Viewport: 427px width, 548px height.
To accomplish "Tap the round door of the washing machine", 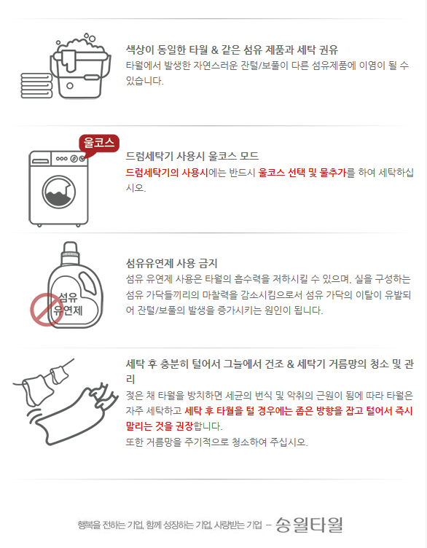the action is coord(59,192).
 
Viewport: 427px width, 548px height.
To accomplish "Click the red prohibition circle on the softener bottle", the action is coord(44,310).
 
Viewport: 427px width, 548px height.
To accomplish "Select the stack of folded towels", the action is coord(36,86).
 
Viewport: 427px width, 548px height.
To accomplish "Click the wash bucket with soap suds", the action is coord(81,66).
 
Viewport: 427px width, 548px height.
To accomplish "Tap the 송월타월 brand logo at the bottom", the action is coord(309,525).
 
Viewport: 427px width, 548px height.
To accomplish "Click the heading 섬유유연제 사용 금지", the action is coord(171,263).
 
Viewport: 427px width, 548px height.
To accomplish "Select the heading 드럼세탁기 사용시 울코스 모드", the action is coord(192,156).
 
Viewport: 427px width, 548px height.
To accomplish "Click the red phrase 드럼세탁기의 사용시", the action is coord(167,172).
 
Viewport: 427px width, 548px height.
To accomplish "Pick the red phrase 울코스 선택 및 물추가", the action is coord(302,172).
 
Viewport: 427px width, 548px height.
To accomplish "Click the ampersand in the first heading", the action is coord(215,50).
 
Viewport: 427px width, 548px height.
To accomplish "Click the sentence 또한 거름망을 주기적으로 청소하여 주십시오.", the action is coord(216,442).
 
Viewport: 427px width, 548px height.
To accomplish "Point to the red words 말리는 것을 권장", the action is coord(160,426).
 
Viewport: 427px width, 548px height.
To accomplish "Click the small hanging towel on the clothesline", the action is coord(59,374).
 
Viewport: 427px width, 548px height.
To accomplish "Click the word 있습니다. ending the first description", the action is coord(145,81).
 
